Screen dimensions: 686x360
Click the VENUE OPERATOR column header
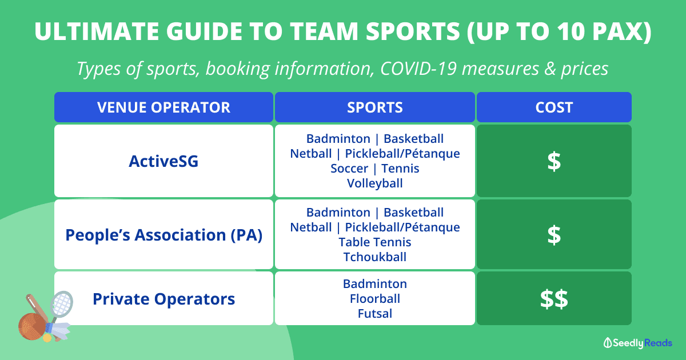163,107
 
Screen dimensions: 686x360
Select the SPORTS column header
375,107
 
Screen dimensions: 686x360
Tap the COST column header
554,107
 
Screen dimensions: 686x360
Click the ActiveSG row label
163,161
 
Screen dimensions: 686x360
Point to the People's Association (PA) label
164,235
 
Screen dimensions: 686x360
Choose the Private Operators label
164,299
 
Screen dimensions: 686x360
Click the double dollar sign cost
554,299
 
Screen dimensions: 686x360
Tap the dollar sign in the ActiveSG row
554,161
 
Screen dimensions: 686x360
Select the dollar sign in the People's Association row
554,235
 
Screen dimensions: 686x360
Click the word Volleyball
375,183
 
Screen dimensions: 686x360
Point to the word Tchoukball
375,257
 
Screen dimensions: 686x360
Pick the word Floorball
375,299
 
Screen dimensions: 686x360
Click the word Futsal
375,314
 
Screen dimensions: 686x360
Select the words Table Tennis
375,242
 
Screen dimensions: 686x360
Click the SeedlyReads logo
637,343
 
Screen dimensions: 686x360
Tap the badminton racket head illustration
62,303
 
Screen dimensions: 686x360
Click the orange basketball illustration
32,326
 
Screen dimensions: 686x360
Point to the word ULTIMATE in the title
97,31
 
